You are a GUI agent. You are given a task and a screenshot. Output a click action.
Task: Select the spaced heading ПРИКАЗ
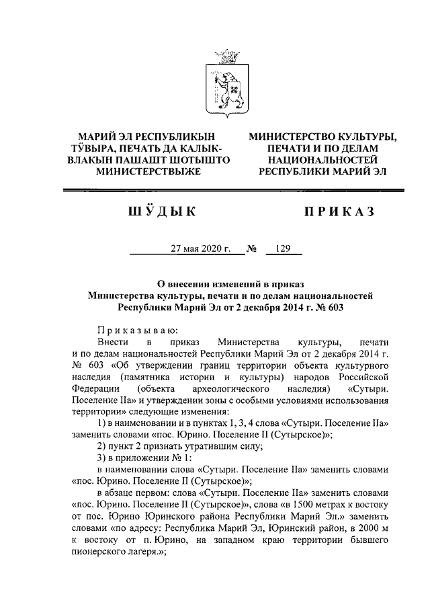pyautogui.click(x=339, y=213)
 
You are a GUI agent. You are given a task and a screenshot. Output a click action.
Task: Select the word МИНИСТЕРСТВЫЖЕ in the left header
pyautogui.click(x=148, y=172)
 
